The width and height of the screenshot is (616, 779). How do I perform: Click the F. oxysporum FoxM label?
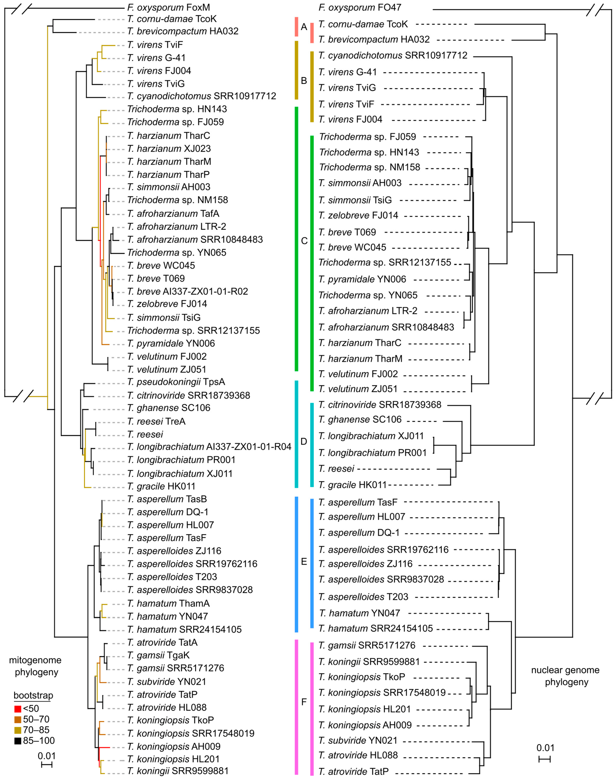coord(168,7)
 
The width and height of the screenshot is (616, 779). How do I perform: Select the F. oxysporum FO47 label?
coord(360,7)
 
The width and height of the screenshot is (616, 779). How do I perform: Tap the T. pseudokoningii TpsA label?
coord(176,382)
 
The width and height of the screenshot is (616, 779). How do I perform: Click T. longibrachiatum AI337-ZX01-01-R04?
coord(209,447)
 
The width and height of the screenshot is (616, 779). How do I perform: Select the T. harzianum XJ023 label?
coord(169,149)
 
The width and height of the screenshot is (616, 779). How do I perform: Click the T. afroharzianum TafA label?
coord(173,214)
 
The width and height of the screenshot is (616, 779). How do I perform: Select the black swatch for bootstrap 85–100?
coord(18,741)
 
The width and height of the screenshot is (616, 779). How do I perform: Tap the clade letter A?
coord(304,27)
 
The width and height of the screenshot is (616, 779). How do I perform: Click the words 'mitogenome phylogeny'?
coord(35,666)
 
